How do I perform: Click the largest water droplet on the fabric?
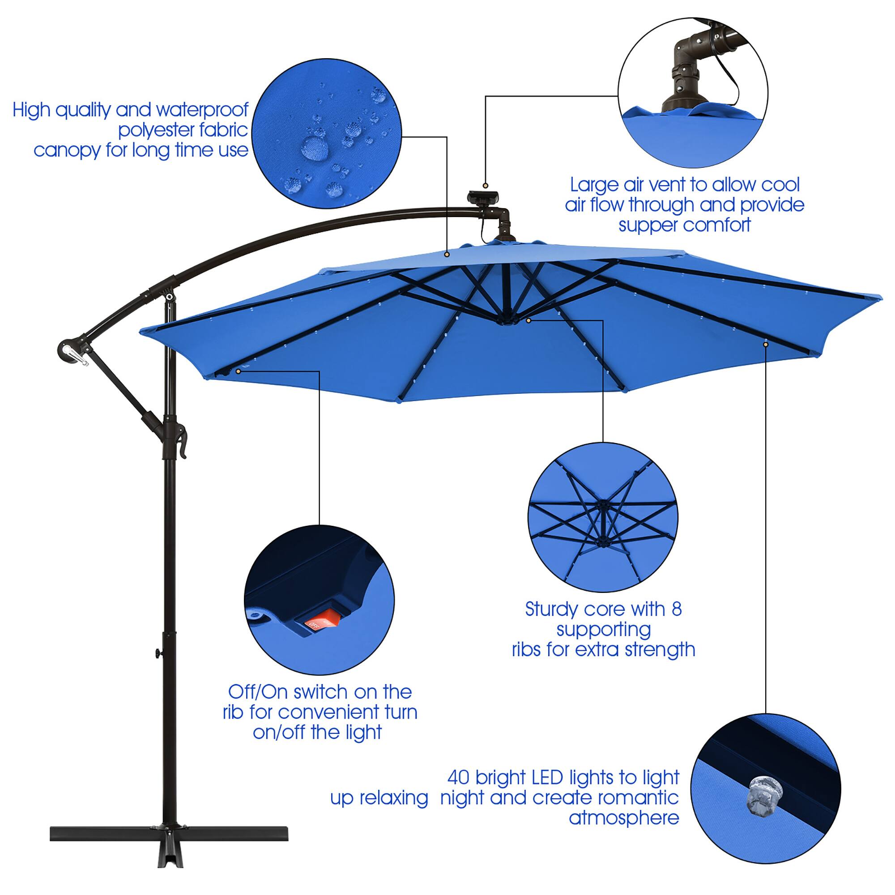pyautogui.click(x=315, y=148)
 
